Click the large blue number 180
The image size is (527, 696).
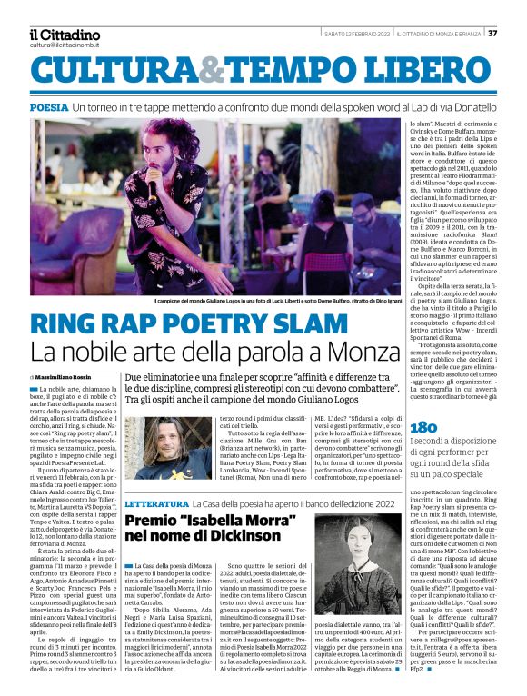[424, 428]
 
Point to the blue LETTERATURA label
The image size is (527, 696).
[155, 502]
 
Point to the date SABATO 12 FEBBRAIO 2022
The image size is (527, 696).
[357, 34]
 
